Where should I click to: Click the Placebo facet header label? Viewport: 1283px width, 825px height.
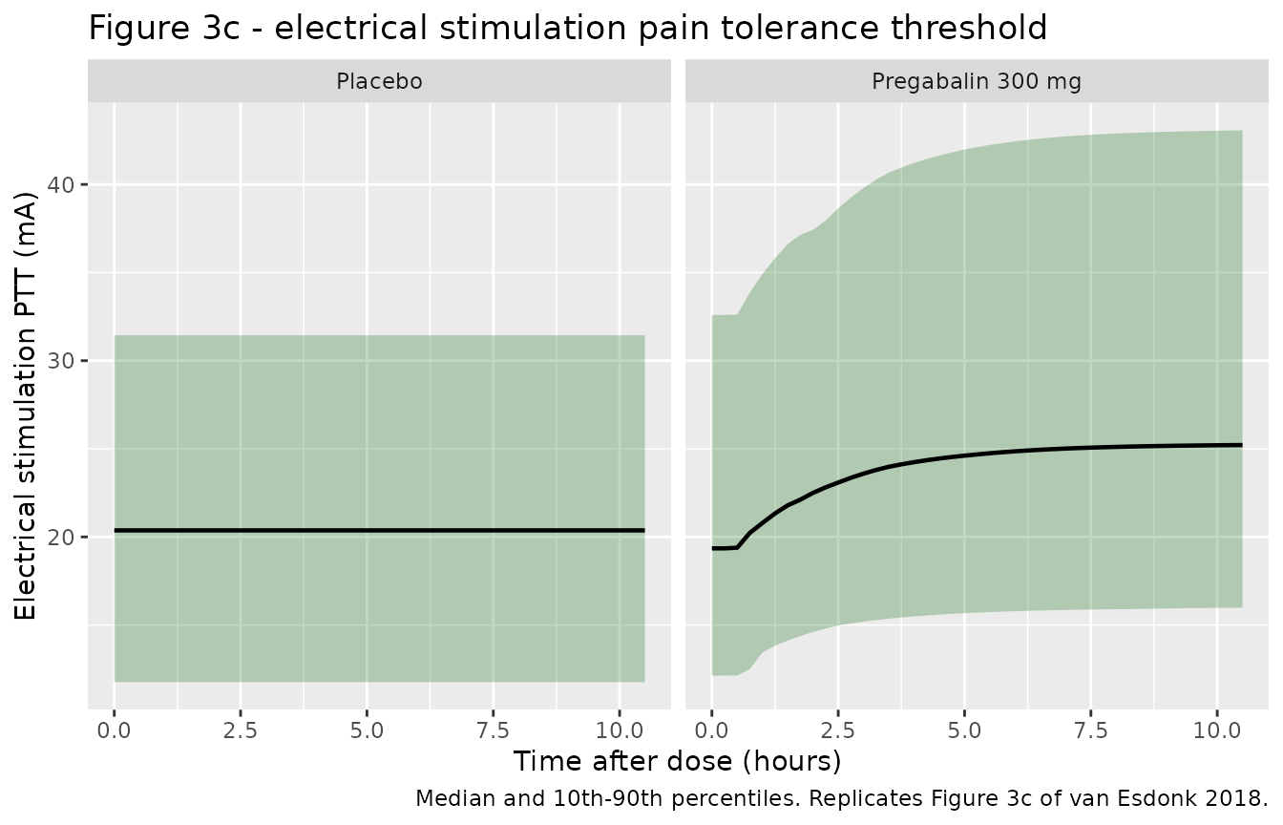click(379, 81)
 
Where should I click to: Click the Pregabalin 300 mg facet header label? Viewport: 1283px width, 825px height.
click(977, 81)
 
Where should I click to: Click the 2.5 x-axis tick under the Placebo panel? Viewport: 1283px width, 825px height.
click(241, 731)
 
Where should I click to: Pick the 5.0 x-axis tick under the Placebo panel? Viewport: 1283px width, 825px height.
click(368, 731)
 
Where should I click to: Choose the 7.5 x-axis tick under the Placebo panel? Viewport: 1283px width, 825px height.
click(494, 731)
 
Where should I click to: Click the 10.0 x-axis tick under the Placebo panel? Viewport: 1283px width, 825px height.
click(620, 731)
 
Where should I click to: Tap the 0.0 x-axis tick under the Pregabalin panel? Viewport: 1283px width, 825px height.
click(712, 731)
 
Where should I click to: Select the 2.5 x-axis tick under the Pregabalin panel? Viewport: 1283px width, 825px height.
click(838, 731)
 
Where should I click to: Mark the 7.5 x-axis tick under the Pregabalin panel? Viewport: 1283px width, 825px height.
click(1091, 731)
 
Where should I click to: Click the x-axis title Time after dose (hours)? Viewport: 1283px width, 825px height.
click(678, 762)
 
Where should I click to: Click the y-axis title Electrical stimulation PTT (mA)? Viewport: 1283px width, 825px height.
click(25, 406)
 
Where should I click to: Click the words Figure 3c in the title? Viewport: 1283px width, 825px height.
click(164, 28)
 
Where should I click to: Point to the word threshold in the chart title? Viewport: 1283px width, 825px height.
click(968, 28)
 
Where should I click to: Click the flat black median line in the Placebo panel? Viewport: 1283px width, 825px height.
click(379, 531)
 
